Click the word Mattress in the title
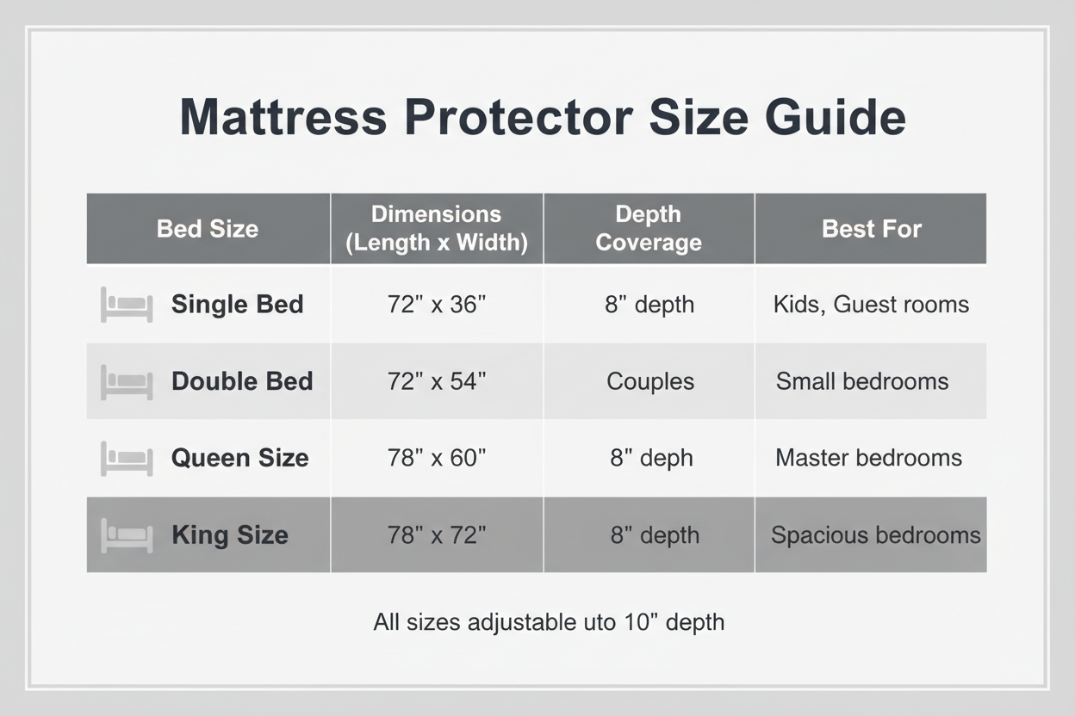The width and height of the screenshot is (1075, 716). pyautogui.click(x=283, y=117)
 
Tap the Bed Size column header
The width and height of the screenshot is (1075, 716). pyautogui.click(x=208, y=229)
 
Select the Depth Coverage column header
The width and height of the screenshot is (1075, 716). pyautogui.click(x=649, y=229)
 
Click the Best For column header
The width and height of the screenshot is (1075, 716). pyautogui.click(x=872, y=229)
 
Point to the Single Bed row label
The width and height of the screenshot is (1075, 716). pyautogui.click(x=237, y=305)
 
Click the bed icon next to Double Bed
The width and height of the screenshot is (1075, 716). pyautogui.click(x=127, y=381)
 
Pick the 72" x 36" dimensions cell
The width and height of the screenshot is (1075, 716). pyautogui.click(x=437, y=305)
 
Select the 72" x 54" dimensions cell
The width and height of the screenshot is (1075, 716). pyautogui.click(x=437, y=381)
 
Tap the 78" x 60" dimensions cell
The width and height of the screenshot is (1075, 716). pyautogui.click(x=437, y=458)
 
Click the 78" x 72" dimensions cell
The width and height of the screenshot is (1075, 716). pyautogui.click(x=437, y=535)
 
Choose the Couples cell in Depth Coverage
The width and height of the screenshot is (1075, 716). pyautogui.click(x=650, y=381)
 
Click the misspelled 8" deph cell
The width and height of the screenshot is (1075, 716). pyautogui.click(x=651, y=458)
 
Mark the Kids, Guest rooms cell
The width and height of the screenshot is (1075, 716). pyautogui.click(x=871, y=305)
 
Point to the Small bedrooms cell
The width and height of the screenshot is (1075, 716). pyautogui.click(x=862, y=381)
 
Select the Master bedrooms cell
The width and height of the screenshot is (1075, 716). pyautogui.click(x=868, y=458)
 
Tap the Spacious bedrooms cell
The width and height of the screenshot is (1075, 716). pyautogui.click(x=875, y=535)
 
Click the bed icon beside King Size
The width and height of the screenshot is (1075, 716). pyautogui.click(x=127, y=535)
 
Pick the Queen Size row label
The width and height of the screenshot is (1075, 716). pyautogui.click(x=239, y=458)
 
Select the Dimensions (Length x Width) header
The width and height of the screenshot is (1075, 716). pyautogui.click(x=437, y=229)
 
